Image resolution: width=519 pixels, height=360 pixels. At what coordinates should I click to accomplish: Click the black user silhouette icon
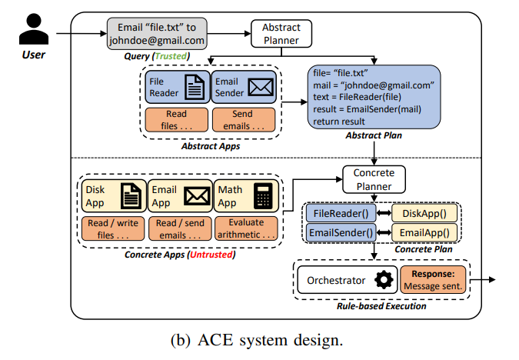coord(34,29)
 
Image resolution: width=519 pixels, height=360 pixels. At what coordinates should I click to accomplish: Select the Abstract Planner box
coord(281,34)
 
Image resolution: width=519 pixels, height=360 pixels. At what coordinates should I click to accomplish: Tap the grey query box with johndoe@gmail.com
coord(157,34)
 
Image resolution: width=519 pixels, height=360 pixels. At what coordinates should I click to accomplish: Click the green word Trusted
coord(171,56)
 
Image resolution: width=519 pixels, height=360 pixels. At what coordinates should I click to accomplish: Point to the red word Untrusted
coord(211,255)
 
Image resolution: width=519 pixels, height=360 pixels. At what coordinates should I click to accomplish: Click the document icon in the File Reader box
coord(195,87)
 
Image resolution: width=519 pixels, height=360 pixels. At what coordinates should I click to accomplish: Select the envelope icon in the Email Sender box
coord(261,87)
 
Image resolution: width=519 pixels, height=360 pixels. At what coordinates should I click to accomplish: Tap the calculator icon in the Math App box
coord(263,196)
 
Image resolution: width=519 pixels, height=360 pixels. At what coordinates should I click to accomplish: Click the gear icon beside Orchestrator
coord(384,280)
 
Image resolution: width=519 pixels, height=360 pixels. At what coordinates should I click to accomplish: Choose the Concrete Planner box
coord(374,179)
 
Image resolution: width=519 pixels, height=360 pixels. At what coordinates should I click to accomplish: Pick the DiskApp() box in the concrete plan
coord(424,213)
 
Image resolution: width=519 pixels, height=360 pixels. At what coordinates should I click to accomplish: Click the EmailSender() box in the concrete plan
coord(341,233)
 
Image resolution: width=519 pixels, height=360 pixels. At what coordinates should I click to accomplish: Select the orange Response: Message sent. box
coord(433,280)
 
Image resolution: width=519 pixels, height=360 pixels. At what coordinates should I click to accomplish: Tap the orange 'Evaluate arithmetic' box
coord(246,228)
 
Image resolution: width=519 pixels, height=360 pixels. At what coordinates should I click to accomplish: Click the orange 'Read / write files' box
coord(113,228)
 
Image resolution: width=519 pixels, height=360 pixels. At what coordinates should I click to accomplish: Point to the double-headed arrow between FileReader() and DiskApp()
coord(384,213)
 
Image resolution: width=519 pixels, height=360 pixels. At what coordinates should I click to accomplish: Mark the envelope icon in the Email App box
coord(197,196)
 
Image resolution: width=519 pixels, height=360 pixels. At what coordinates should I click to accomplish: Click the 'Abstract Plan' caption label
coord(374,135)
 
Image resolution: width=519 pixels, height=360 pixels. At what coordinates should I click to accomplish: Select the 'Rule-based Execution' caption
coord(381,306)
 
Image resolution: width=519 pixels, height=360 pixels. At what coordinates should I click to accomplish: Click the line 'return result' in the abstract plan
coord(339,122)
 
